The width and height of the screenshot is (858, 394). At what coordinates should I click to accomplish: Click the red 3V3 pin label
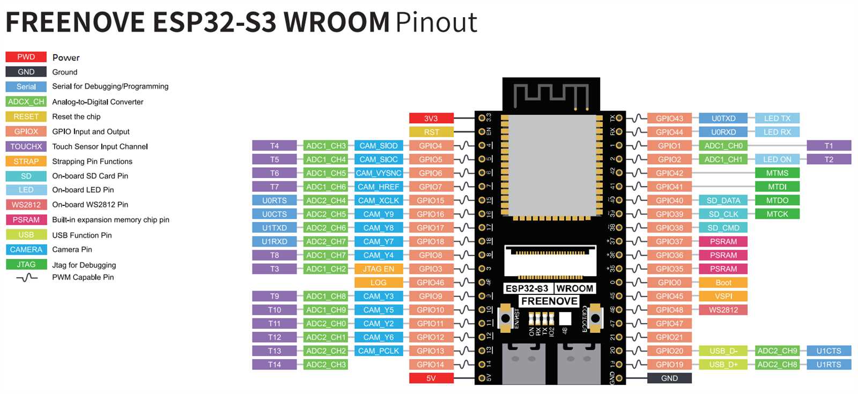coord(431,118)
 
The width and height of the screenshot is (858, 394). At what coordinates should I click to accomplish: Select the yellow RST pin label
coord(431,132)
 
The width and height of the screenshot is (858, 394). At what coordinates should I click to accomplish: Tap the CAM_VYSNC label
coord(379,173)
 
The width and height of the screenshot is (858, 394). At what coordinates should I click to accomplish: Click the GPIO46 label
coord(431,283)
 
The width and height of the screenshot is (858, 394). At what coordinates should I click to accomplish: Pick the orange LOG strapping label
coord(379,283)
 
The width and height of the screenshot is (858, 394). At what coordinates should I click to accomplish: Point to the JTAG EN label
coord(379,269)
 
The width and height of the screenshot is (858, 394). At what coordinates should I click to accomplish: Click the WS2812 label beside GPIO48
coord(723,310)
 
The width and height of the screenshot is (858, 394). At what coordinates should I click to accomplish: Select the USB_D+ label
coord(723,365)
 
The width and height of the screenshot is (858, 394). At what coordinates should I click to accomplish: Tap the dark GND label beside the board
coord(669,378)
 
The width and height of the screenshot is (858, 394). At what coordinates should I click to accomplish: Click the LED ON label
coord(777,159)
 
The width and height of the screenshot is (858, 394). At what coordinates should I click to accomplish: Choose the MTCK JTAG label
coord(777,214)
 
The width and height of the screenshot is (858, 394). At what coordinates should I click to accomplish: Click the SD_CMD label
coord(723,228)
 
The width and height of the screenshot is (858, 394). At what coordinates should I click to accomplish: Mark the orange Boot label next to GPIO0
coord(723,283)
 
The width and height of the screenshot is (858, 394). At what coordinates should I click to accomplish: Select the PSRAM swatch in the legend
coord(26,220)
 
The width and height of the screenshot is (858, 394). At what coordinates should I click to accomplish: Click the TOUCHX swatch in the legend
coord(26,146)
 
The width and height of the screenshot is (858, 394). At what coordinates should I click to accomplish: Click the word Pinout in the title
coord(436,23)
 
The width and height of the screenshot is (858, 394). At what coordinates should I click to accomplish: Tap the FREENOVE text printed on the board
coord(549,301)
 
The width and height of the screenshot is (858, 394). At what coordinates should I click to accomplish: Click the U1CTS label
coord(829,351)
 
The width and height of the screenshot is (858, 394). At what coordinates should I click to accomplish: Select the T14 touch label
coord(274,365)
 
